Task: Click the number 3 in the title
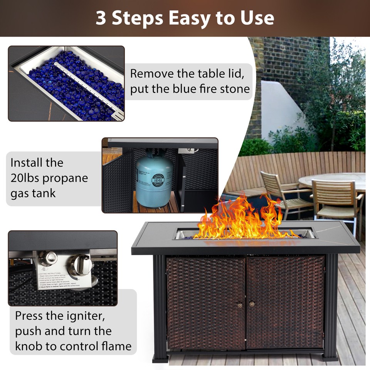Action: (x=101, y=18)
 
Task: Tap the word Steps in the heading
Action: (x=139, y=18)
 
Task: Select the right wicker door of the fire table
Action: (x=286, y=303)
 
